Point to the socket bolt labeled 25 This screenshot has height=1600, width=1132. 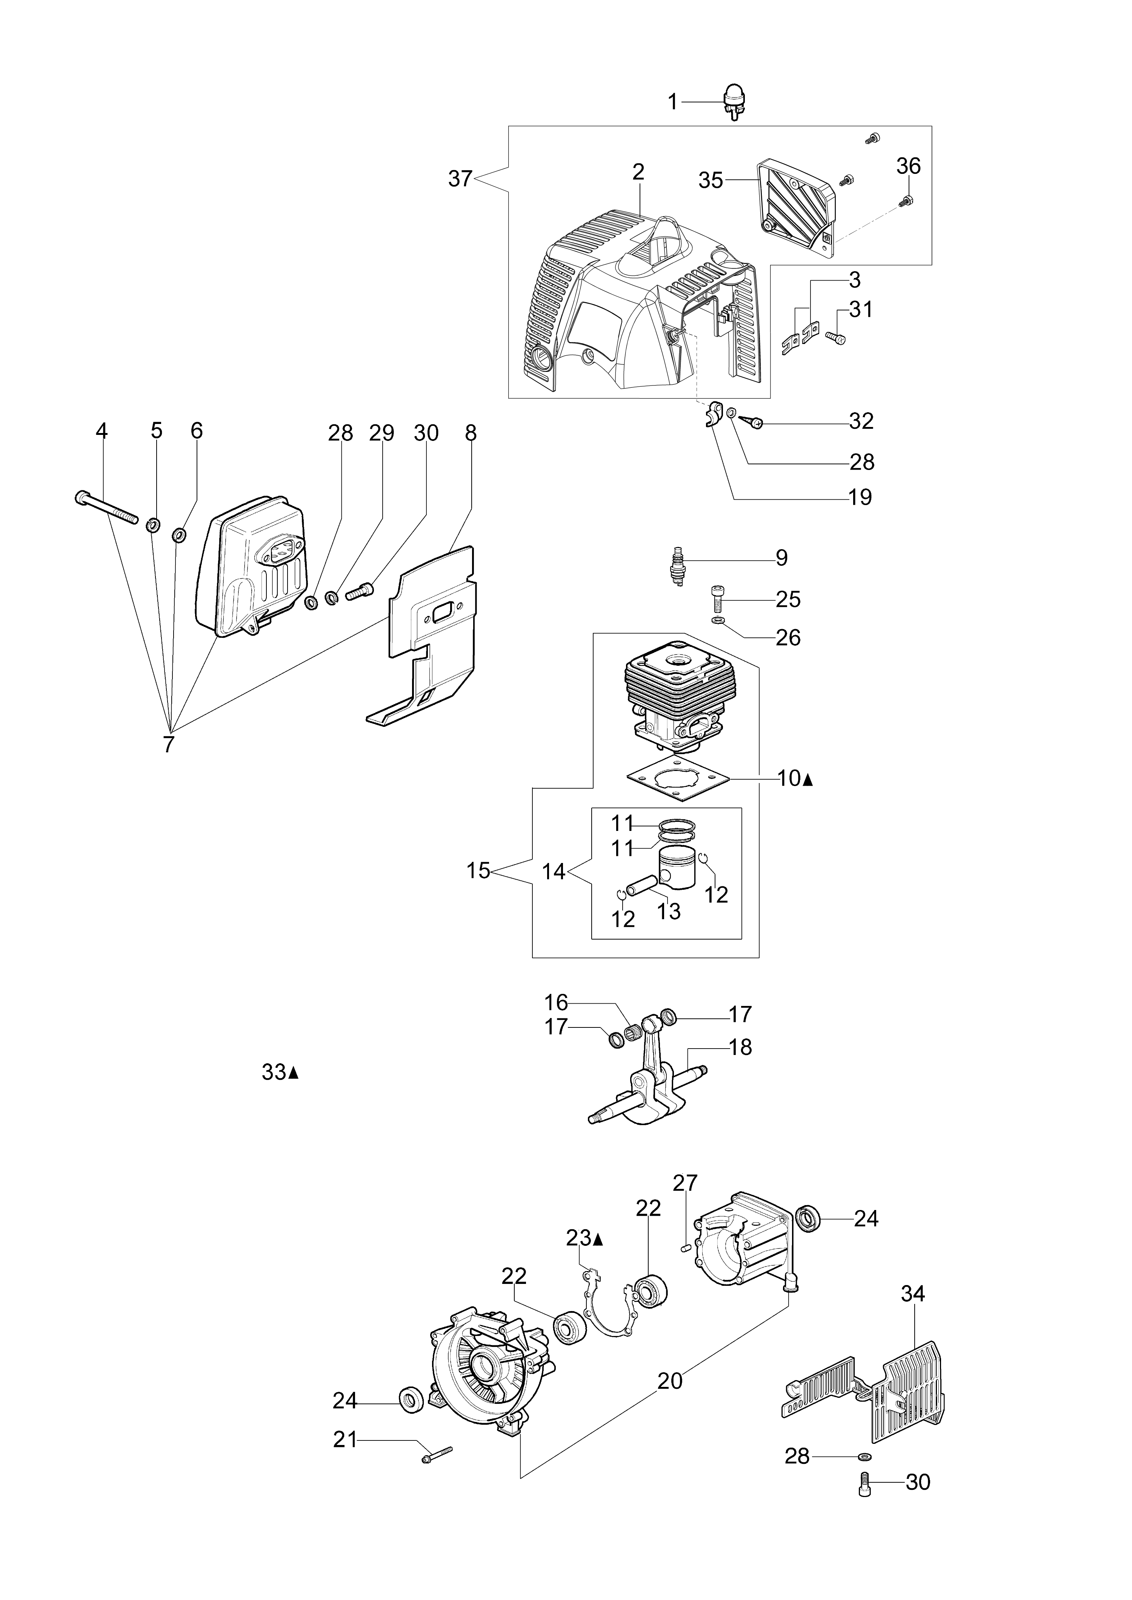pos(719,597)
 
